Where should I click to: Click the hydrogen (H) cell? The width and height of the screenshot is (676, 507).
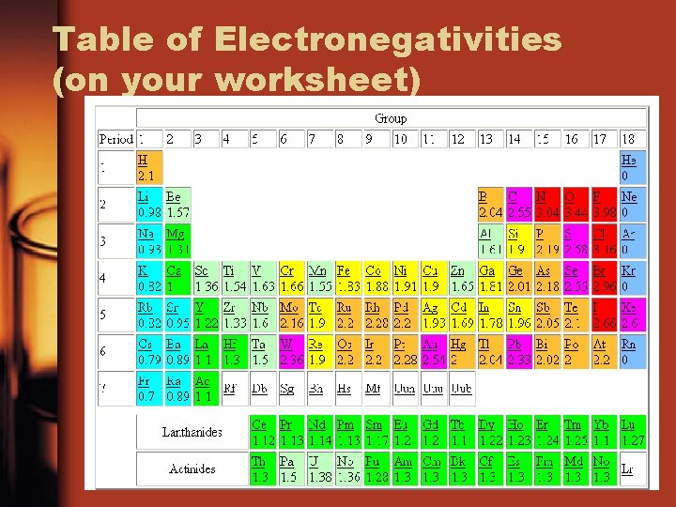point(148,168)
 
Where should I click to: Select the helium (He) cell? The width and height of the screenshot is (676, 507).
point(633,168)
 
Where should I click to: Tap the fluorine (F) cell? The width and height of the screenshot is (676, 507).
point(604,204)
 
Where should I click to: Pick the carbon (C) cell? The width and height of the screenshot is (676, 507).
point(518,204)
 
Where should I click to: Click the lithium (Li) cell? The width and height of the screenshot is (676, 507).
point(148,204)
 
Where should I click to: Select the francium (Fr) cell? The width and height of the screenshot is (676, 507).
point(148,388)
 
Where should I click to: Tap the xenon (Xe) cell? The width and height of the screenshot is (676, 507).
point(633,315)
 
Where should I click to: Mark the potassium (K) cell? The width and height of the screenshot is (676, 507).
point(148,278)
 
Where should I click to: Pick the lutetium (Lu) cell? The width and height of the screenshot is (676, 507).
point(633,432)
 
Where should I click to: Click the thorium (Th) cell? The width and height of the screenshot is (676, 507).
point(262,468)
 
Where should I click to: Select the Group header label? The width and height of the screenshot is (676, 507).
point(391,118)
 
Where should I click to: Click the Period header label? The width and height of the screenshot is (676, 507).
point(115,139)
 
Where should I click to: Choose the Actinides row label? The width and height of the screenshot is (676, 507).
point(192,469)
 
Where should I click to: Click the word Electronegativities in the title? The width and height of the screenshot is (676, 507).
point(388,39)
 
